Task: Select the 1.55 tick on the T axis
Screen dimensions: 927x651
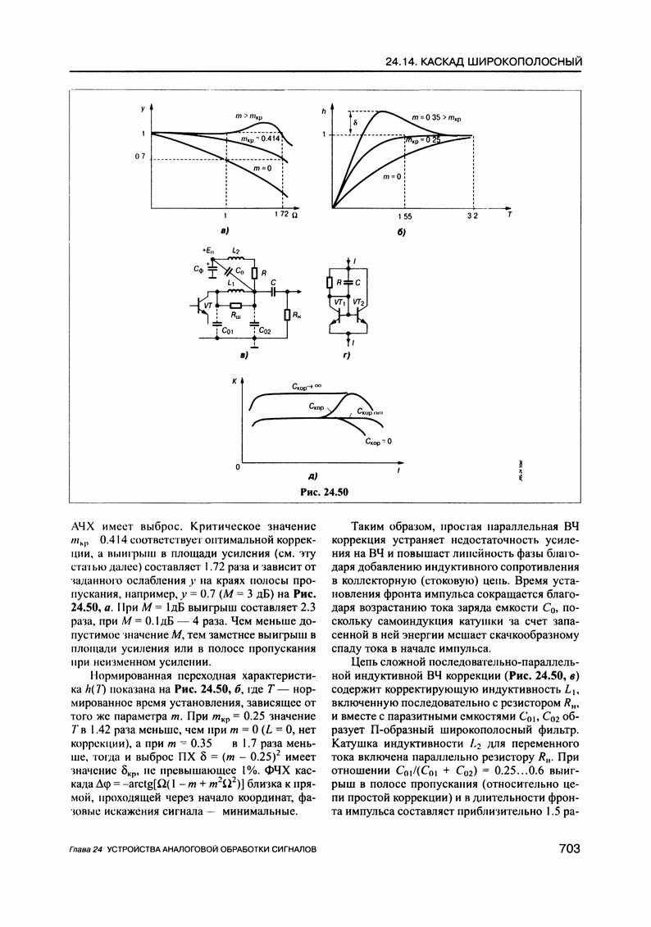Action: (405, 216)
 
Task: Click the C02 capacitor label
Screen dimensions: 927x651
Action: (264, 330)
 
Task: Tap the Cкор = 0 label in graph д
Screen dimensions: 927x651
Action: (379, 441)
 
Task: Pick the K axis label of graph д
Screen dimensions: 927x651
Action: (234, 382)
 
